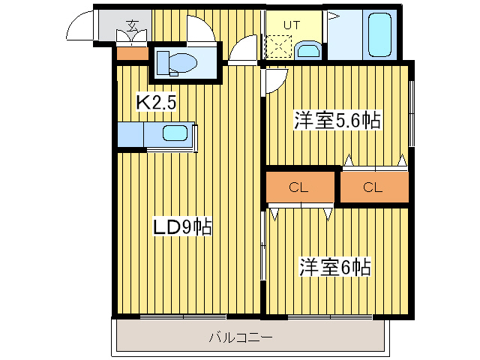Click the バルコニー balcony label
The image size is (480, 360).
pyautogui.click(x=240, y=337)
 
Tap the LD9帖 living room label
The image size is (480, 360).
pyautogui.click(x=183, y=226)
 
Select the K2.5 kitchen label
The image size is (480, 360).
pyautogui.click(x=156, y=102)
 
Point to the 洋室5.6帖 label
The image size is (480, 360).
pyautogui.click(x=337, y=121)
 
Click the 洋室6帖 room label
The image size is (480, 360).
pyautogui.click(x=335, y=266)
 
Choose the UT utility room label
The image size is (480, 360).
pyautogui.click(x=291, y=25)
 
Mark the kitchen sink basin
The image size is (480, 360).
pyautogui.click(x=176, y=134)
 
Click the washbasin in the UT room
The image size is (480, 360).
pyautogui.click(x=307, y=51)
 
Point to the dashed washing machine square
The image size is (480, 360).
pyautogui.click(x=277, y=47)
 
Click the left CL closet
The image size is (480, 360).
pyautogui.click(x=298, y=188)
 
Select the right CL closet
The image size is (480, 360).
pyautogui.click(x=373, y=187)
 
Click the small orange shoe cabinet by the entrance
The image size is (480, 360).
pyautogui.click(x=132, y=53)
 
